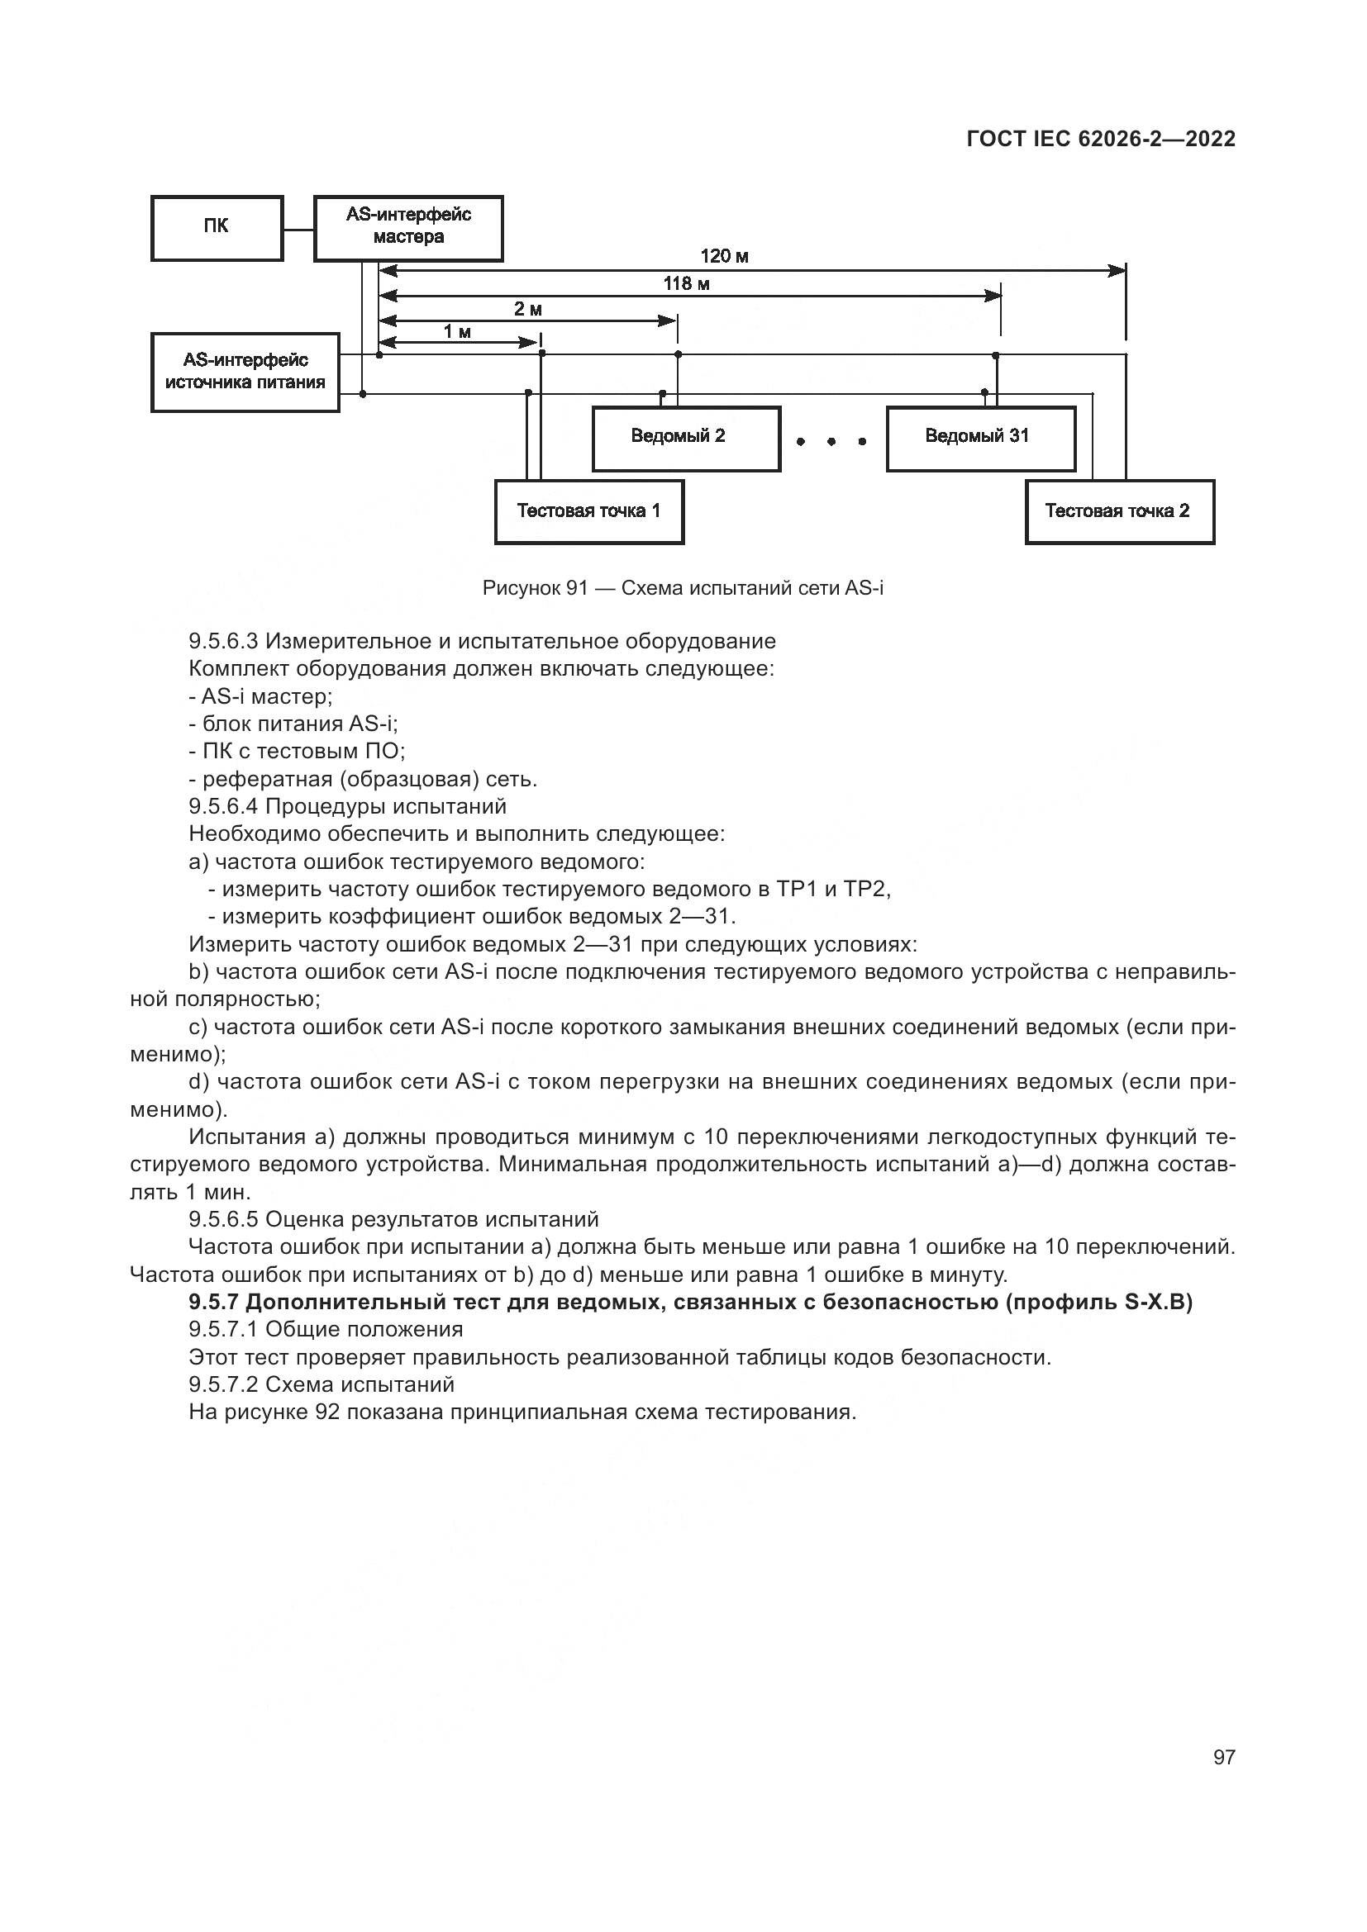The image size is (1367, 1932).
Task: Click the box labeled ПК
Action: click(x=217, y=228)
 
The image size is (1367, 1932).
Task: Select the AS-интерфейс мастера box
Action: click(x=408, y=228)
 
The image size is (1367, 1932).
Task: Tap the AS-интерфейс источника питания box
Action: click(x=245, y=372)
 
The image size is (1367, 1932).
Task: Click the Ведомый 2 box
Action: click(x=686, y=439)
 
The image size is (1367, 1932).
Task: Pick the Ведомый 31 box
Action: click(x=981, y=439)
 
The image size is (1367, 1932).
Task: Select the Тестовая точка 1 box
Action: click(x=588, y=511)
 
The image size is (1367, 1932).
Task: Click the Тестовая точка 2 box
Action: click(x=1119, y=511)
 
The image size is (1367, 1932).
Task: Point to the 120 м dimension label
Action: click(x=724, y=257)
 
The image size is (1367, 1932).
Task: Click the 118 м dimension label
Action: click(x=686, y=284)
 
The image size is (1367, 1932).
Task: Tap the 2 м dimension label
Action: click(x=528, y=310)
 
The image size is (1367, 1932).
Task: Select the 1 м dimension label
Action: click(x=457, y=332)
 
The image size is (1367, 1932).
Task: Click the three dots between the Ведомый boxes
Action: click(x=831, y=441)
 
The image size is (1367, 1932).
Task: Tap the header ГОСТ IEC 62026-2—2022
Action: click(x=1100, y=139)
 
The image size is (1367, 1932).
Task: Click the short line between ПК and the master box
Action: click(x=298, y=228)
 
